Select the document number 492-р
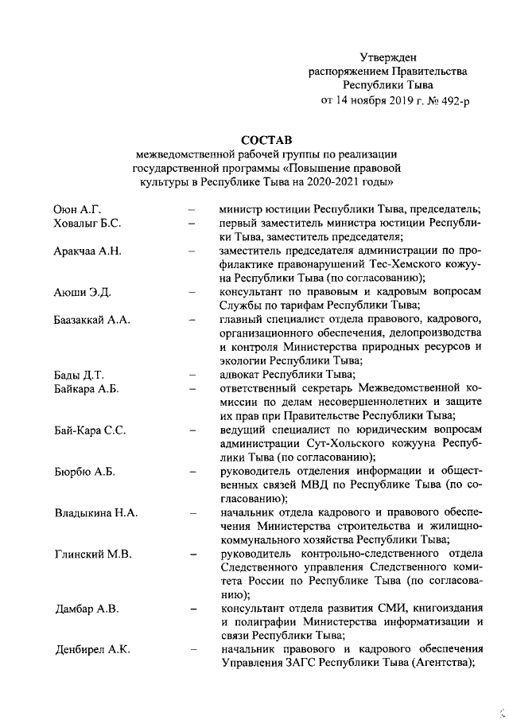click(x=448, y=100)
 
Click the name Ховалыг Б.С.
click(x=87, y=224)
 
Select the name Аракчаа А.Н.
click(x=87, y=252)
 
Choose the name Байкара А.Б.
click(x=85, y=389)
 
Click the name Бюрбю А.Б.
click(x=84, y=472)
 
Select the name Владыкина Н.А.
click(x=95, y=513)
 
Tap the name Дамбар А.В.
click(x=87, y=610)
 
